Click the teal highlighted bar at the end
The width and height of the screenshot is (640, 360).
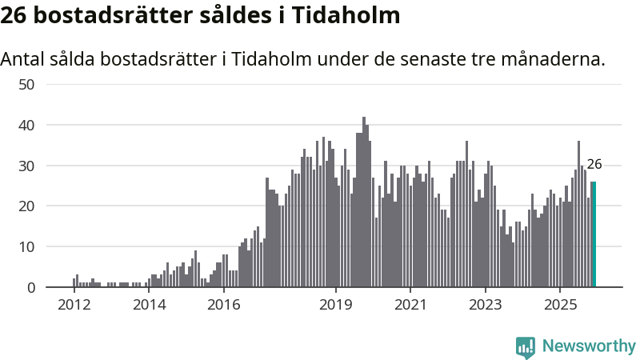[x=594, y=234]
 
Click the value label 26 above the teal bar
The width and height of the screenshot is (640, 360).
[x=594, y=165]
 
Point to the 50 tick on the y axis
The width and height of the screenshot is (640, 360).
[x=26, y=84]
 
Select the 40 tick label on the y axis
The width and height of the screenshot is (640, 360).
[x=26, y=125]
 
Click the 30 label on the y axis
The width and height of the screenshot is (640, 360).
[x=26, y=166]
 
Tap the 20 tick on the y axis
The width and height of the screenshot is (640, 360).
[x=26, y=206]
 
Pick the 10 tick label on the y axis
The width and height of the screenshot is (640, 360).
[x=26, y=246]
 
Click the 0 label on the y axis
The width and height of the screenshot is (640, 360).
[x=30, y=287]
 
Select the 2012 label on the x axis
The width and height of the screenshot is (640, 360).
[x=74, y=305]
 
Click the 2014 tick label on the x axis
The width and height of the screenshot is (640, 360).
[x=149, y=305]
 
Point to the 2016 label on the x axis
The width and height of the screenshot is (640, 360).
[x=223, y=305]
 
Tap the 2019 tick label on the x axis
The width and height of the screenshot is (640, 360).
[x=335, y=305]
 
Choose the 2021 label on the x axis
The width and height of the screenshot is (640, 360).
[x=410, y=305]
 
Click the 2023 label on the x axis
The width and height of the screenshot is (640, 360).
[x=485, y=305]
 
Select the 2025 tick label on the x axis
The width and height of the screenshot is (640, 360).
[x=559, y=305]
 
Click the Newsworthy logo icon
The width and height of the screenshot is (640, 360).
[x=526, y=346]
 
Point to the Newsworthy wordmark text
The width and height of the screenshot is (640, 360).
[x=589, y=346]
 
